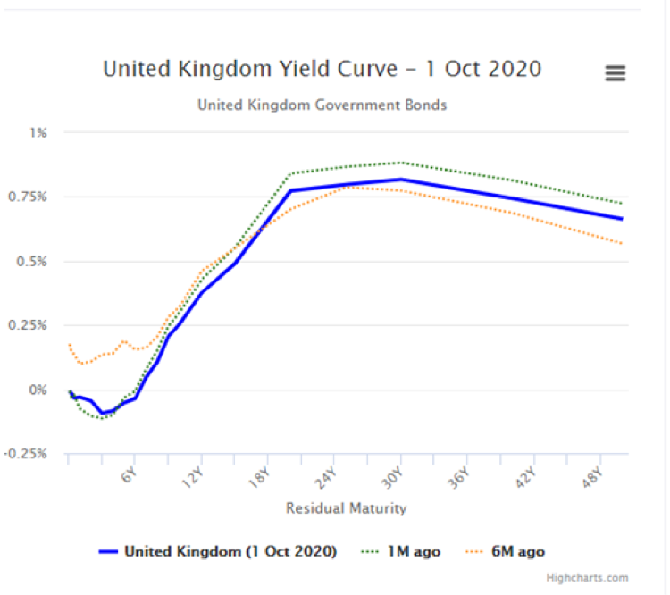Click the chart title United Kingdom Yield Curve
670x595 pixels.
point(322,69)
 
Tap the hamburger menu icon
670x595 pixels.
point(616,73)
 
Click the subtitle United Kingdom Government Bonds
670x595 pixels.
point(322,105)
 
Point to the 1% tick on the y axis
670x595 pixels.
point(38,132)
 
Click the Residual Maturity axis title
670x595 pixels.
point(346,508)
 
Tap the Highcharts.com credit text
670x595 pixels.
point(601,578)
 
